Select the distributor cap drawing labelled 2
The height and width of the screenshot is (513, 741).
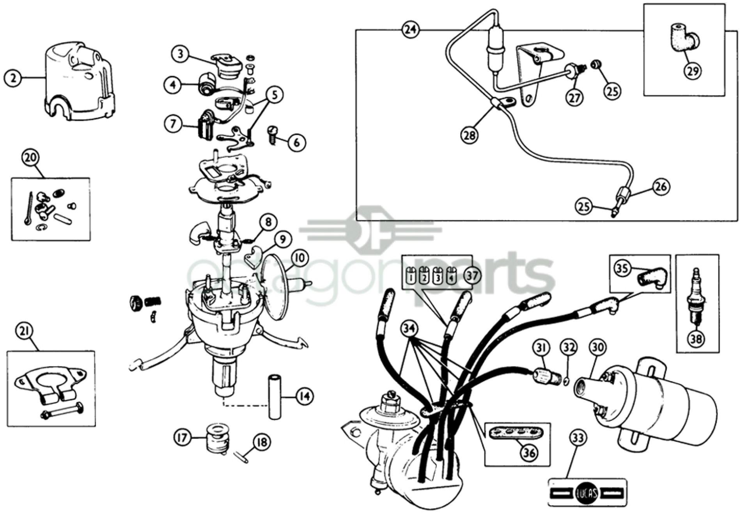[80, 84]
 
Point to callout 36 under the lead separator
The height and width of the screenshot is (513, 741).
[530, 453]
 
